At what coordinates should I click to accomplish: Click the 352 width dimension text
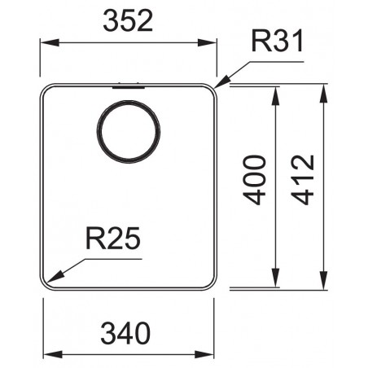128,21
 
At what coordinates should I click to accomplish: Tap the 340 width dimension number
125,333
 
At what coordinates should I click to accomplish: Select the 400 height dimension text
254,180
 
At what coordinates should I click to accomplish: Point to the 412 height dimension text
303,180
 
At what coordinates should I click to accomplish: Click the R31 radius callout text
277,41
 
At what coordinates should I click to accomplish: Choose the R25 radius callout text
113,238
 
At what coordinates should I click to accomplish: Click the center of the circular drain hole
129,132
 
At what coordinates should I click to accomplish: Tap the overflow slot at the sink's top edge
129,87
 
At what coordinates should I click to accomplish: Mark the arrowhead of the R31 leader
222,82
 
